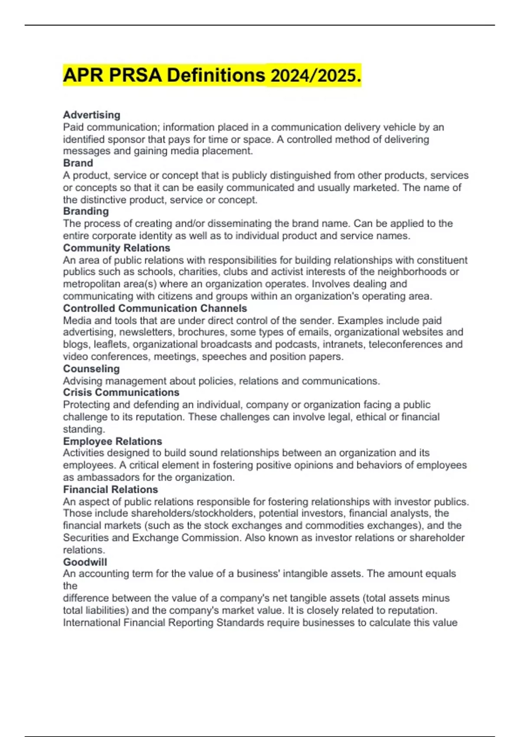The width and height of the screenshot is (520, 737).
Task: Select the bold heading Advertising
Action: (x=91, y=115)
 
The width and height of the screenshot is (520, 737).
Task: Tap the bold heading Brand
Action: (x=78, y=163)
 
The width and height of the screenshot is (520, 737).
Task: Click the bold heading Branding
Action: (x=86, y=211)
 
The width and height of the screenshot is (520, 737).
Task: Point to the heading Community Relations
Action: (x=117, y=248)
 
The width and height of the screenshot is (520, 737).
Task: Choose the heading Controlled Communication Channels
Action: (x=155, y=308)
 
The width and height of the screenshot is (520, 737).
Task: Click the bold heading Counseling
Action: (x=91, y=368)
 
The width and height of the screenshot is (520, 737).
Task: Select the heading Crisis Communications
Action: (x=121, y=392)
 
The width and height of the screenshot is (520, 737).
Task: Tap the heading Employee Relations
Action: (x=112, y=441)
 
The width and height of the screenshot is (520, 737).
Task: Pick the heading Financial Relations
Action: (x=110, y=489)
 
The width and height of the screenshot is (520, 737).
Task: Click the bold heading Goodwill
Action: (x=85, y=562)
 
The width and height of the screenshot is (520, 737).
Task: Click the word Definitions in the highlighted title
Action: (x=216, y=76)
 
